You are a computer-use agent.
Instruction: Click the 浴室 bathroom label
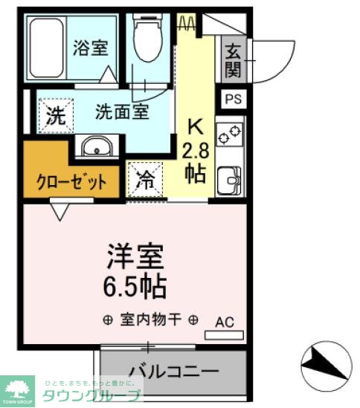(91, 48)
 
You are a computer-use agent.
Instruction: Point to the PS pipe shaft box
(232, 99)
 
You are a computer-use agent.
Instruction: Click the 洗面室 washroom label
(122, 111)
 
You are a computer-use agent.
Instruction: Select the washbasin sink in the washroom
(96, 147)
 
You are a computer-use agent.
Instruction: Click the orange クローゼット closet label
(71, 181)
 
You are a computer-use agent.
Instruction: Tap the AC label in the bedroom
(225, 323)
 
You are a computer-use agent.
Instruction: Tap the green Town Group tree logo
(20, 387)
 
